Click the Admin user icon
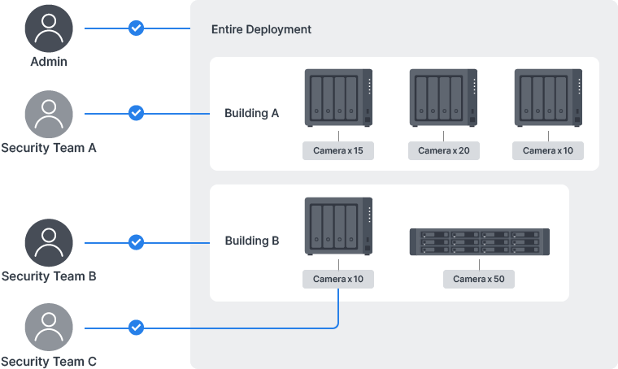pyautogui.click(x=49, y=28)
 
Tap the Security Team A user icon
pyautogui.click(x=49, y=113)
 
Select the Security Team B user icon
pyautogui.click(x=49, y=242)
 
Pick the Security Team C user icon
pyautogui.click(x=49, y=328)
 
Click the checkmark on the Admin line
pyautogui.click(x=137, y=28)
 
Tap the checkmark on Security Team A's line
pyautogui.click(x=137, y=113)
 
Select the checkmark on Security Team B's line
pyautogui.click(x=137, y=242)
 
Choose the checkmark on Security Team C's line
pyautogui.click(x=137, y=328)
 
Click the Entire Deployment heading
pyautogui.click(x=261, y=29)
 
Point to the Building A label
pyautogui.click(x=252, y=113)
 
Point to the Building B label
pyautogui.click(x=252, y=241)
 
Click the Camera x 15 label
pyautogui.click(x=338, y=150)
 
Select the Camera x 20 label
pyautogui.click(x=443, y=150)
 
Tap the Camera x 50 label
pyautogui.click(x=479, y=279)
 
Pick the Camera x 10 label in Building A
pyautogui.click(x=548, y=150)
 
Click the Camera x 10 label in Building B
pyautogui.click(x=338, y=279)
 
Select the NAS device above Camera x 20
pyautogui.click(x=443, y=98)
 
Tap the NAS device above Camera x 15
pyautogui.click(x=338, y=98)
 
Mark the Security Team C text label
pyautogui.click(x=49, y=361)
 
